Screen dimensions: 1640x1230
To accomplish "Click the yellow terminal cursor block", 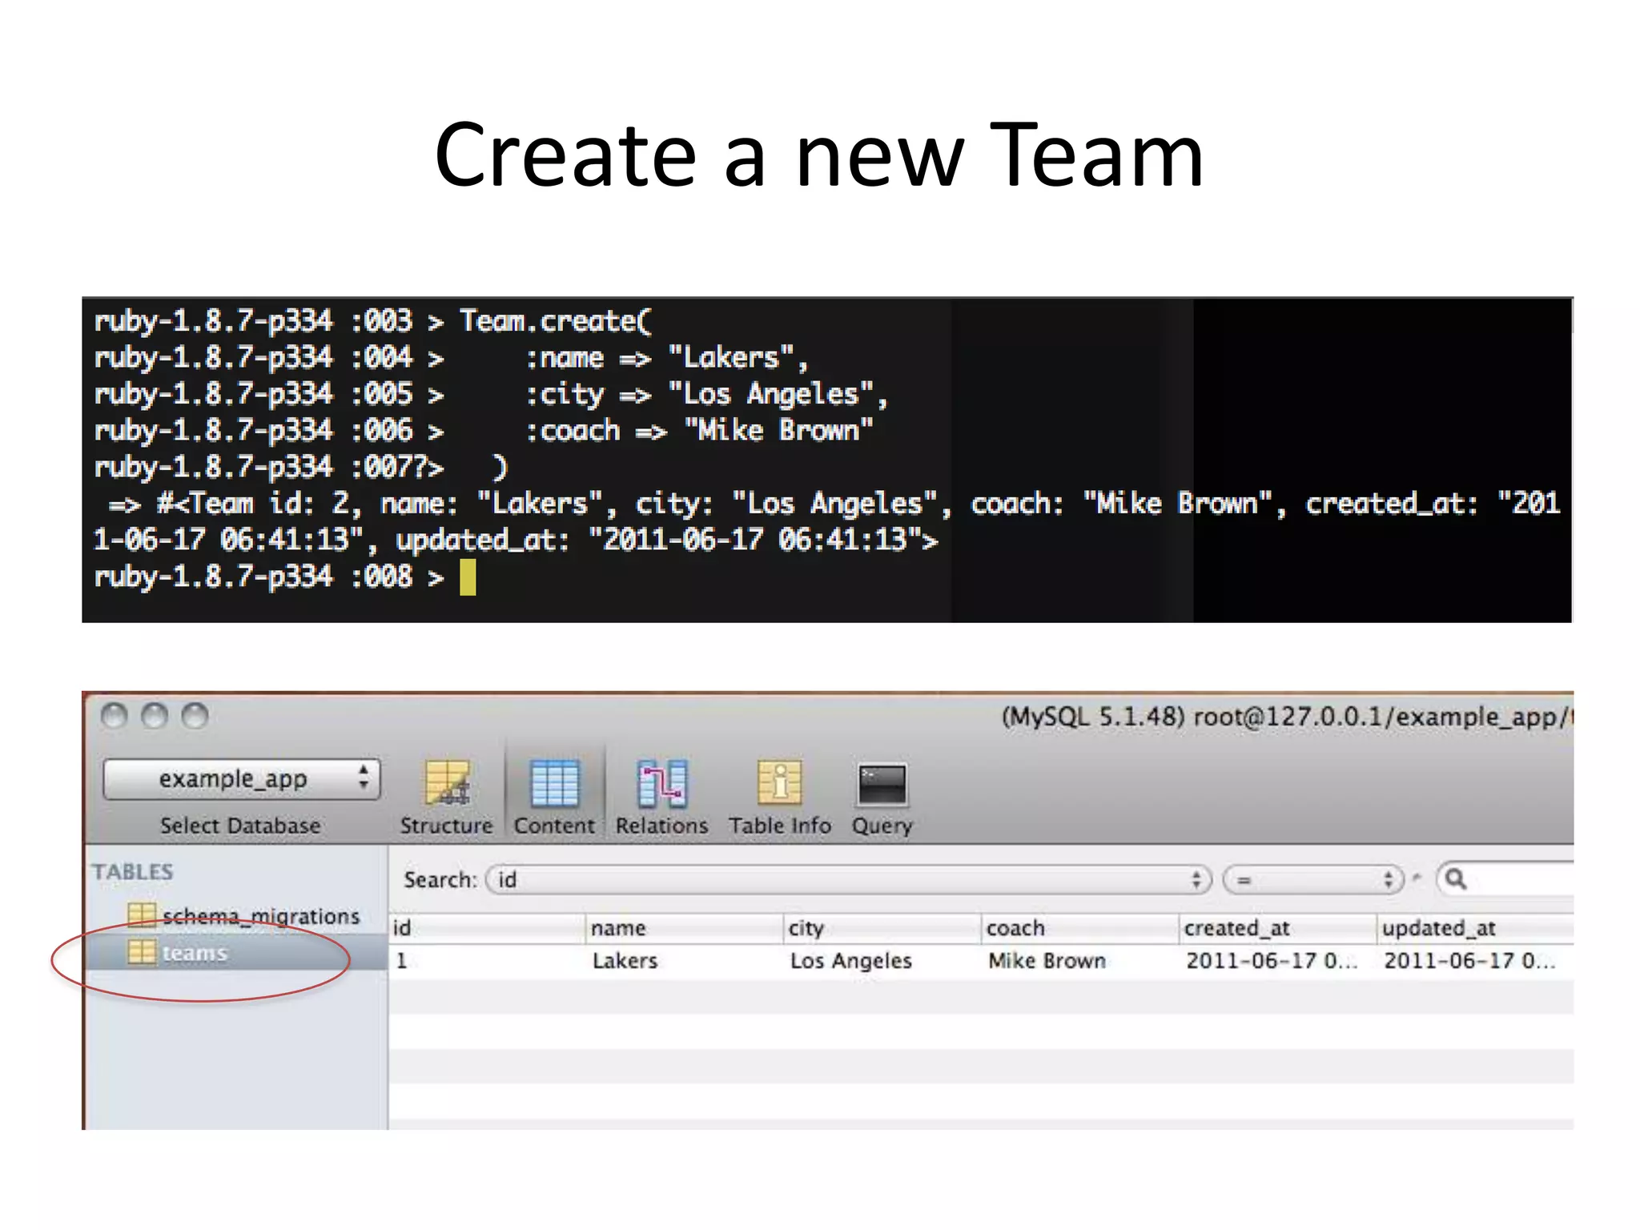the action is (x=468, y=577).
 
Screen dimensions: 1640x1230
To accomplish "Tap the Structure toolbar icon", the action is (x=447, y=783).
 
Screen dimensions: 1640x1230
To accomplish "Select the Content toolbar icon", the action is (x=554, y=783).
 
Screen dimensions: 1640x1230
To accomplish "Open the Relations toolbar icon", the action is (x=662, y=783).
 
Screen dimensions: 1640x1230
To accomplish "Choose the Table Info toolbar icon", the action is (x=779, y=783).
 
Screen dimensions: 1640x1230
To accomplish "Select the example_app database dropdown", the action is (x=241, y=779).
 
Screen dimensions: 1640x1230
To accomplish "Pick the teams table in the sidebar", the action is (x=195, y=953).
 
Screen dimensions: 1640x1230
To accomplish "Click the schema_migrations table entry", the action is (x=260, y=916).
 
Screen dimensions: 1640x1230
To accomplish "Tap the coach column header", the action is (x=1015, y=928).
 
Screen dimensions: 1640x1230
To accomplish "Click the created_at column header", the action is (x=1236, y=928).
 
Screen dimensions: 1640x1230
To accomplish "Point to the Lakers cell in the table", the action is (x=625, y=961).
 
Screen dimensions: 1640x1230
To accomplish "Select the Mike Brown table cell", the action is (x=1047, y=961).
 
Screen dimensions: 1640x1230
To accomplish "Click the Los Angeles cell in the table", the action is (x=850, y=961).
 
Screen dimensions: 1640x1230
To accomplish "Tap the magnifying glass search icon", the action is (x=1456, y=879).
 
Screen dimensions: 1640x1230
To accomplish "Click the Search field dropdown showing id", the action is (x=849, y=880).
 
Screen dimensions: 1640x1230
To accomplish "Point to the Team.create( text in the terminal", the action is (x=556, y=321).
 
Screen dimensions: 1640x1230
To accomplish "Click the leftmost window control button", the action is (x=115, y=715).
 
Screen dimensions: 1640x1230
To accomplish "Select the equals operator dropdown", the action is (x=1313, y=880).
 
